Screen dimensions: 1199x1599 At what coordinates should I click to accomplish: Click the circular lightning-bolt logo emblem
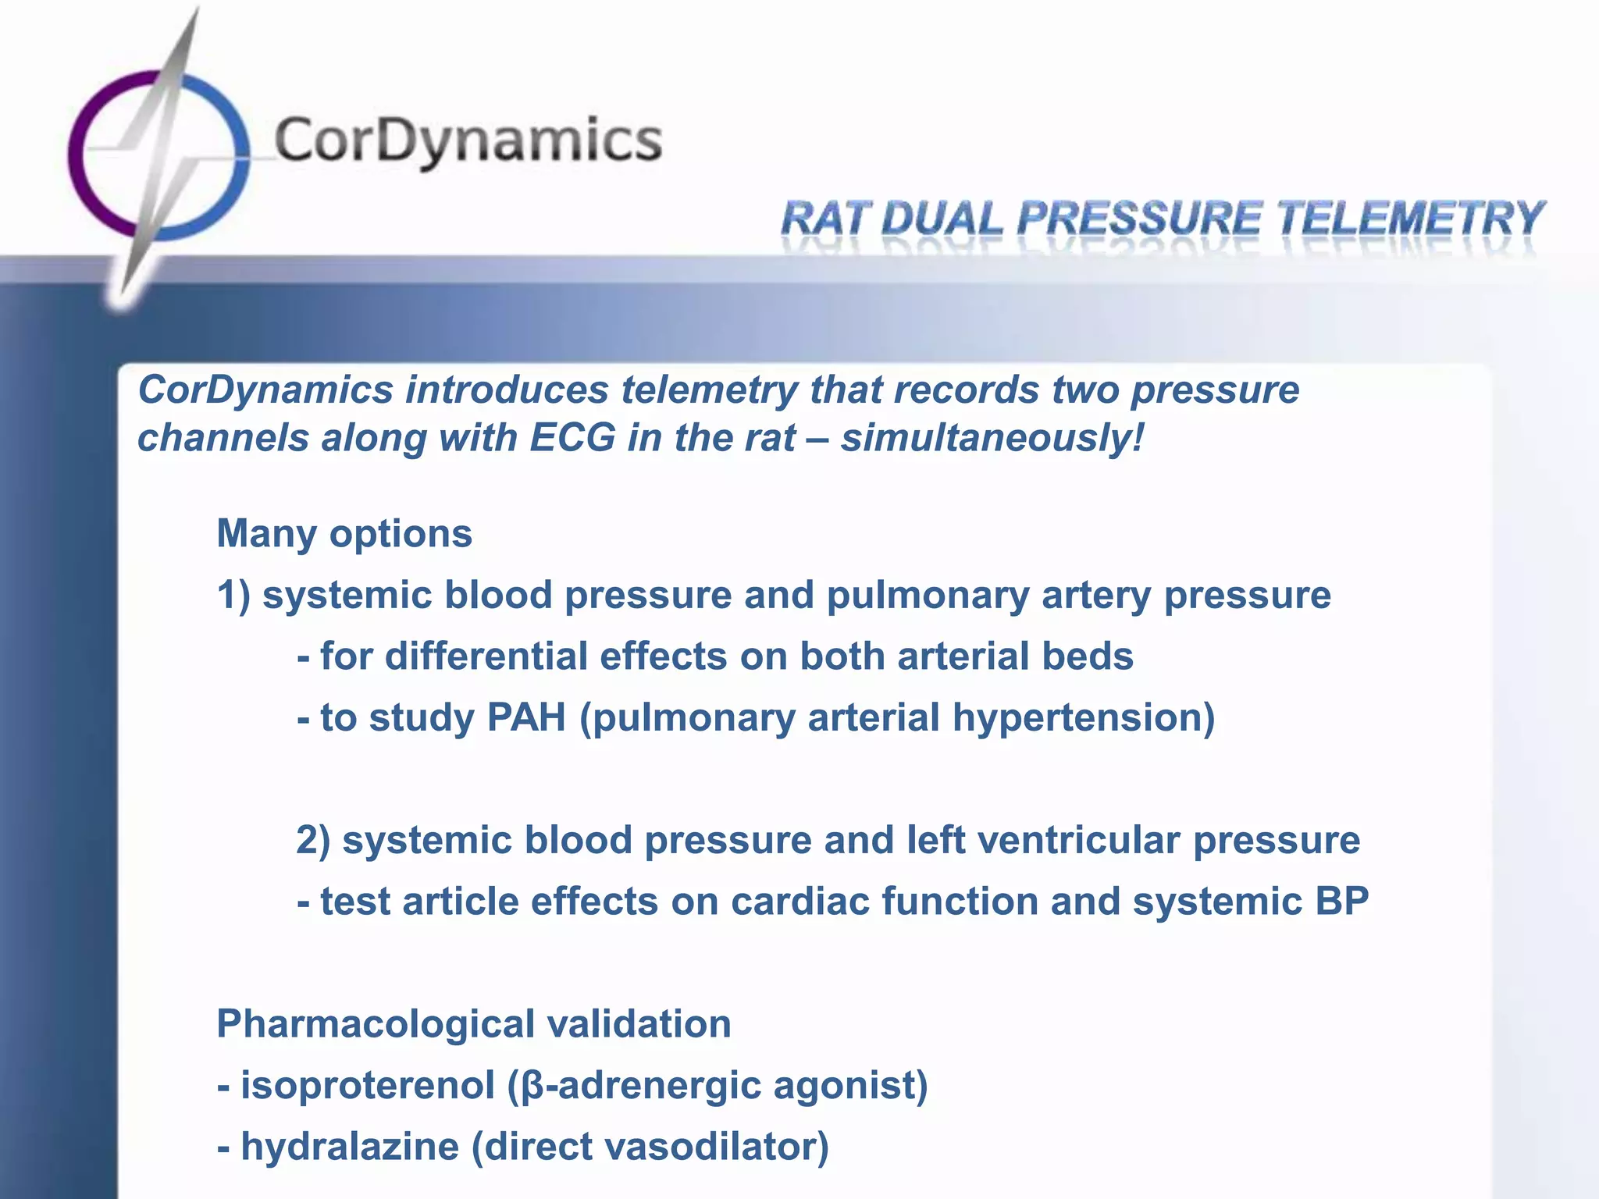pos(159,156)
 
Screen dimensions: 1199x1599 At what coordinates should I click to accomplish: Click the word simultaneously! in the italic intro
pos(992,437)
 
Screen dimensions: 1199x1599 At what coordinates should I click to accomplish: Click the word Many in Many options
pos(266,535)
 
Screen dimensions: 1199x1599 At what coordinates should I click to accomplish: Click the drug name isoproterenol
pos(367,1086)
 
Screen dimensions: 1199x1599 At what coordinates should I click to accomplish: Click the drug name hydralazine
pos(349,1147)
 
